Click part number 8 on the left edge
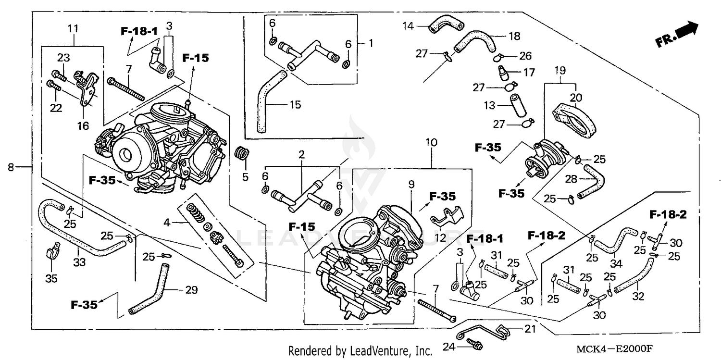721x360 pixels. pos(11,167)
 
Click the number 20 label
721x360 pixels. pos(576,97)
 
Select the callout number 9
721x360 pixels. pos(411,184)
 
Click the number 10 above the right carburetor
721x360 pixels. pos(431,142)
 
